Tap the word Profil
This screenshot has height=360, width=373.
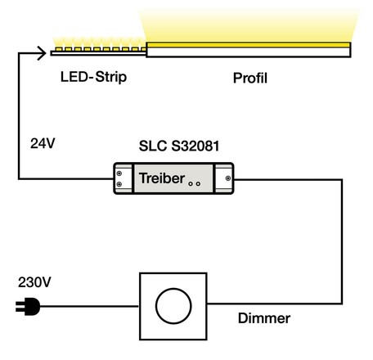250,79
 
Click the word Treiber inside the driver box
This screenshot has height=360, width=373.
160,178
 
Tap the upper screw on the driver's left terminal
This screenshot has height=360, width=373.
121,172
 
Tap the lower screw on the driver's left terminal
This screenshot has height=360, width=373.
121,184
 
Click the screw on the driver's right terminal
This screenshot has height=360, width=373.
228,178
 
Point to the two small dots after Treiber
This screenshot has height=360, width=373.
195,184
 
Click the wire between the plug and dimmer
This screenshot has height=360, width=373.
90,308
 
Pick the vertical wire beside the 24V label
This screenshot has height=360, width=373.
17,115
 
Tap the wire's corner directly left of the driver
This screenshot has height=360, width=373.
17,178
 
